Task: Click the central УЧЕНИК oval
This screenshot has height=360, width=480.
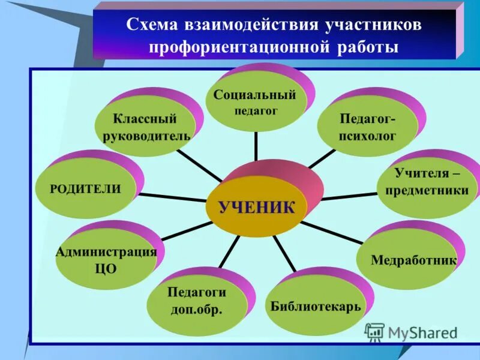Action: click(x=257, y=208)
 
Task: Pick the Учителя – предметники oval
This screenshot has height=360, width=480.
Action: click(x=431, y=182)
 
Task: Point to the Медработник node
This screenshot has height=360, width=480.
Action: click(x=413, y=260)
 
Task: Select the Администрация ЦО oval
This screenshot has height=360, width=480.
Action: click(x=106, y=260)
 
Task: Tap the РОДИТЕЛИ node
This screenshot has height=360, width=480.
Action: click(x=85, y=188)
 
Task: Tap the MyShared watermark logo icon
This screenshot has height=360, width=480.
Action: click(x=374, y=332)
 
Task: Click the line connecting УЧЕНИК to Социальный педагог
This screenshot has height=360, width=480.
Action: click(x=256, y=147)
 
